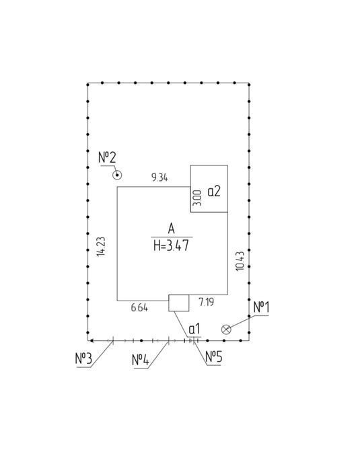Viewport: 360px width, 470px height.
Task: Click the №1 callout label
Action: coord(261,307)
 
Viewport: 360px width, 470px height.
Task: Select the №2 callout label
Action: coord(107,157)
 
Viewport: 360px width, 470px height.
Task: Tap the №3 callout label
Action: coord(83,359)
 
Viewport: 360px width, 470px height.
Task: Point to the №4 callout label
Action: coord(141,360)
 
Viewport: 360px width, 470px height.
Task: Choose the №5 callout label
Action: coord(213,357)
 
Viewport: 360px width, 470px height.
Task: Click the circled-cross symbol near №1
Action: coord(226,329)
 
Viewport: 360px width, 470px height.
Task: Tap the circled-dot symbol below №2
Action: coord(116,175)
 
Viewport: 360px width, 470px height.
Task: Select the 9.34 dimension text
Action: coord(159,178)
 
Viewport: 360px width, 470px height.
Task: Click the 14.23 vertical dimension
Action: coord(101,247)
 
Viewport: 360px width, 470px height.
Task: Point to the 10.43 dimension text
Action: coord(240,261)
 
